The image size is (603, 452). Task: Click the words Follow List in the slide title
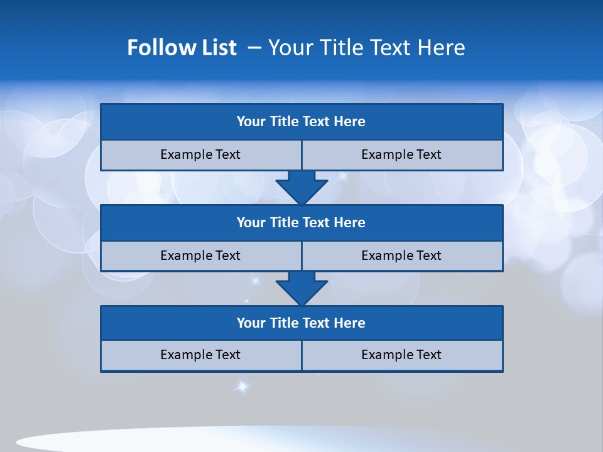(182, 48)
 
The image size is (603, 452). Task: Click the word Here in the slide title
(443, 48)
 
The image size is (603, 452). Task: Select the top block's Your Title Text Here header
(301, 122)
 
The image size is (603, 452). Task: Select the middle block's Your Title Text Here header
(301, 222)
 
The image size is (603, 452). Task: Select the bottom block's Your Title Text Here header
(301, 323)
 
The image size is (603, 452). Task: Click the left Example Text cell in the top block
(200, 154)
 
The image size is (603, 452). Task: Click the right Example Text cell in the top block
(401, 154)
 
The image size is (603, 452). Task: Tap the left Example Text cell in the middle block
(200, 256)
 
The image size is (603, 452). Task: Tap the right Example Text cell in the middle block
(401, 256)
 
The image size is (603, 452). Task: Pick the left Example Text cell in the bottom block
(200, 355)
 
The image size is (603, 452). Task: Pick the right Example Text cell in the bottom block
(401, 355)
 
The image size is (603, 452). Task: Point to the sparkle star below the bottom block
(242, 386)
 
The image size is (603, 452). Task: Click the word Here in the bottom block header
(350, 323)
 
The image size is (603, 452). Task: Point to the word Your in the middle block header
(251, 222)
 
